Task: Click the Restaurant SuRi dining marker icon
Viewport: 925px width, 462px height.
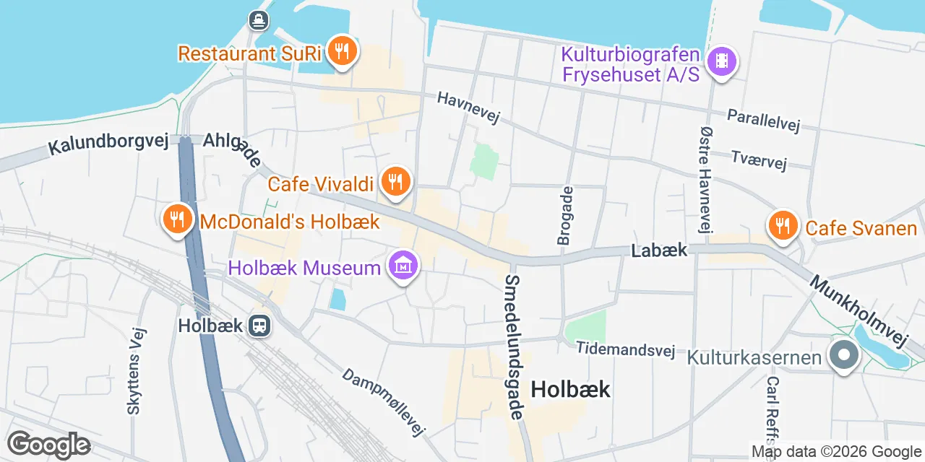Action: [x=339, y=51]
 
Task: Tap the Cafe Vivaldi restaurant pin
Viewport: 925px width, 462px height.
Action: [x=395, y=181]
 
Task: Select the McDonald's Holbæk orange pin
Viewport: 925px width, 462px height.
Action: [x=177, y=217]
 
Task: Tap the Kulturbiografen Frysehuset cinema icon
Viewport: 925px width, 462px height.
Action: [x=721, y=61]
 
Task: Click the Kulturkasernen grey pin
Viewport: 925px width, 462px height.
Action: [x=843, y=356]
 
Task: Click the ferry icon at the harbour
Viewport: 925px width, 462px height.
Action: [x=258, y=20]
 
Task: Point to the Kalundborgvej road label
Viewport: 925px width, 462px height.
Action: [x=108, y=141]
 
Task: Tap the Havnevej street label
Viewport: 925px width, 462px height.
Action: [x=468, y=108]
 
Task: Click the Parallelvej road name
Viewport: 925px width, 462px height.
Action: [x=764, y=121]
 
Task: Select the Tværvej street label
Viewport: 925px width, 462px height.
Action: [x=758, y=160]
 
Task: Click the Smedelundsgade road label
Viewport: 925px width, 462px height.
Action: [x=514, y=347]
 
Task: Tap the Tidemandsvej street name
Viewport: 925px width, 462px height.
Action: [x=625, y=349]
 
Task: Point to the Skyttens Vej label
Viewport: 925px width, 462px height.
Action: [x=135, y=371]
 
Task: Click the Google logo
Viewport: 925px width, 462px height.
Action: [x=48, y=445]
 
